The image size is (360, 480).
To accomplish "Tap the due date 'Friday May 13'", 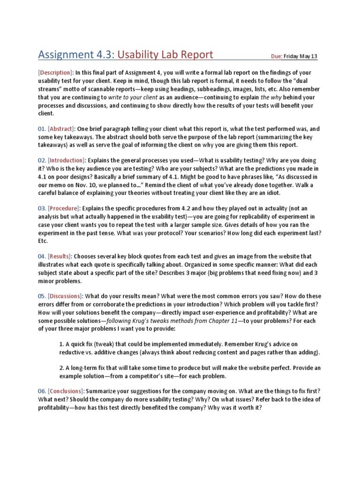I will pos(300,57).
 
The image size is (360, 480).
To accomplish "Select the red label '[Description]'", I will pos(56,73).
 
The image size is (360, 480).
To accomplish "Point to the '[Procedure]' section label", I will pos(64,208).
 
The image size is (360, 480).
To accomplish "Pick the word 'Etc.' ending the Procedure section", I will pos(43,241).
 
